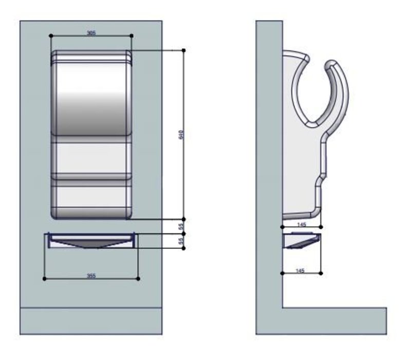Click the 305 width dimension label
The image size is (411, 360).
(x=91, y=32)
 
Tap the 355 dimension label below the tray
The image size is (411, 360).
(x=91, y=276)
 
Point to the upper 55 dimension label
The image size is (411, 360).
(x=181, y=226)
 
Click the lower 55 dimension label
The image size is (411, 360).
(x=181, y=241)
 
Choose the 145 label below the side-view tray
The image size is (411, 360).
(x=301, y=271)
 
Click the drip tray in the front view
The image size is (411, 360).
(x=91, y=240)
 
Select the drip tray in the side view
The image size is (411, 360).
(x=302, y=240)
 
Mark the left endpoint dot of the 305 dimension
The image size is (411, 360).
(x=51, y=35)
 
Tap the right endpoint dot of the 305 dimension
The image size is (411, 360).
(x=132, y=35)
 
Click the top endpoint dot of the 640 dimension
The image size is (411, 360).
(x=184, y=50)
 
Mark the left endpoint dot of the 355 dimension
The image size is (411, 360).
(x=45, y=279)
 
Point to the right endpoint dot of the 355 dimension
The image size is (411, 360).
(x=138, y=279)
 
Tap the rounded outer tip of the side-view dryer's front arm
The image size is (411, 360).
(x=332, y=63)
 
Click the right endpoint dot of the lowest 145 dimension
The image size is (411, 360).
(x=322, y=274)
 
